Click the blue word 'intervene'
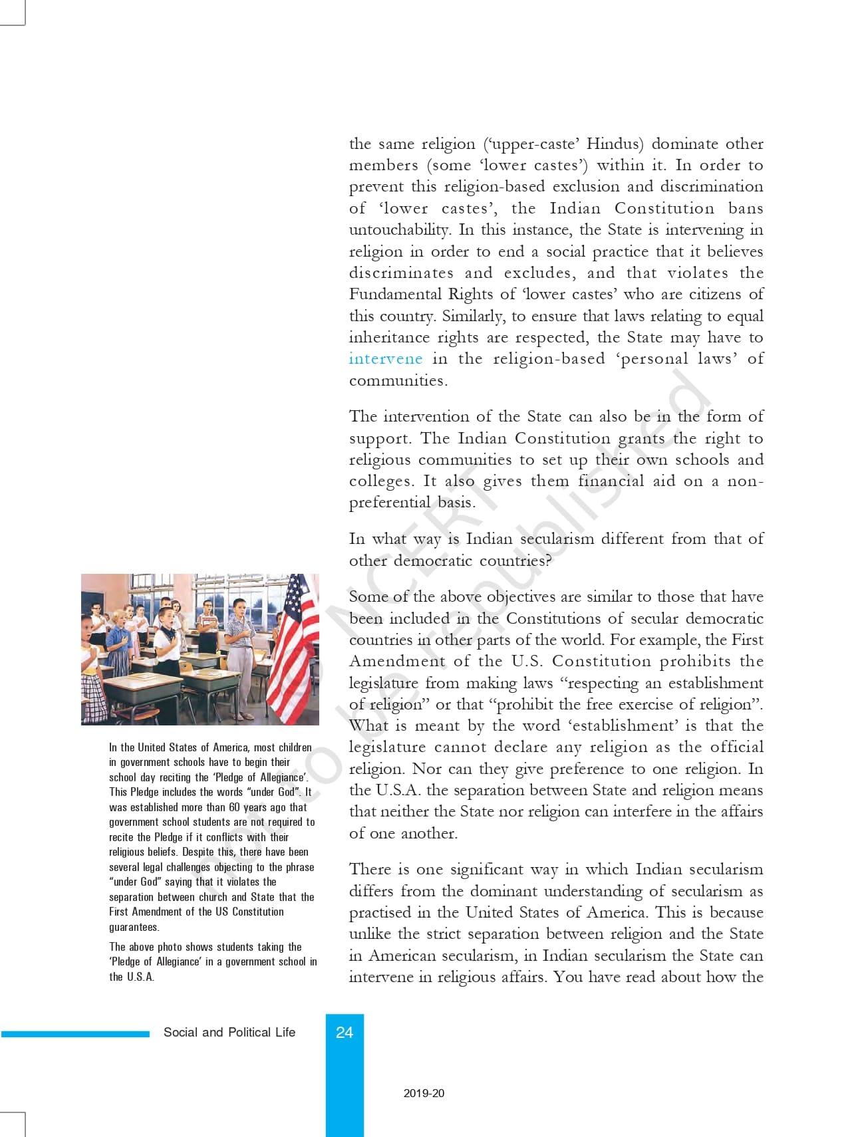(385, 359)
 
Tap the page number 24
(345, 1033)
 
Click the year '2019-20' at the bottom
(424, 1093)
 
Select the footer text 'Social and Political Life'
(229, 1033)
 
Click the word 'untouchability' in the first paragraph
(399, 230)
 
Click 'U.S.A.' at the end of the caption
(140, 977)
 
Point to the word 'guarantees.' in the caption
(134, 927)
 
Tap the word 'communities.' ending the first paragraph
(398, 381)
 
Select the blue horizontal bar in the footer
(75, 1034)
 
